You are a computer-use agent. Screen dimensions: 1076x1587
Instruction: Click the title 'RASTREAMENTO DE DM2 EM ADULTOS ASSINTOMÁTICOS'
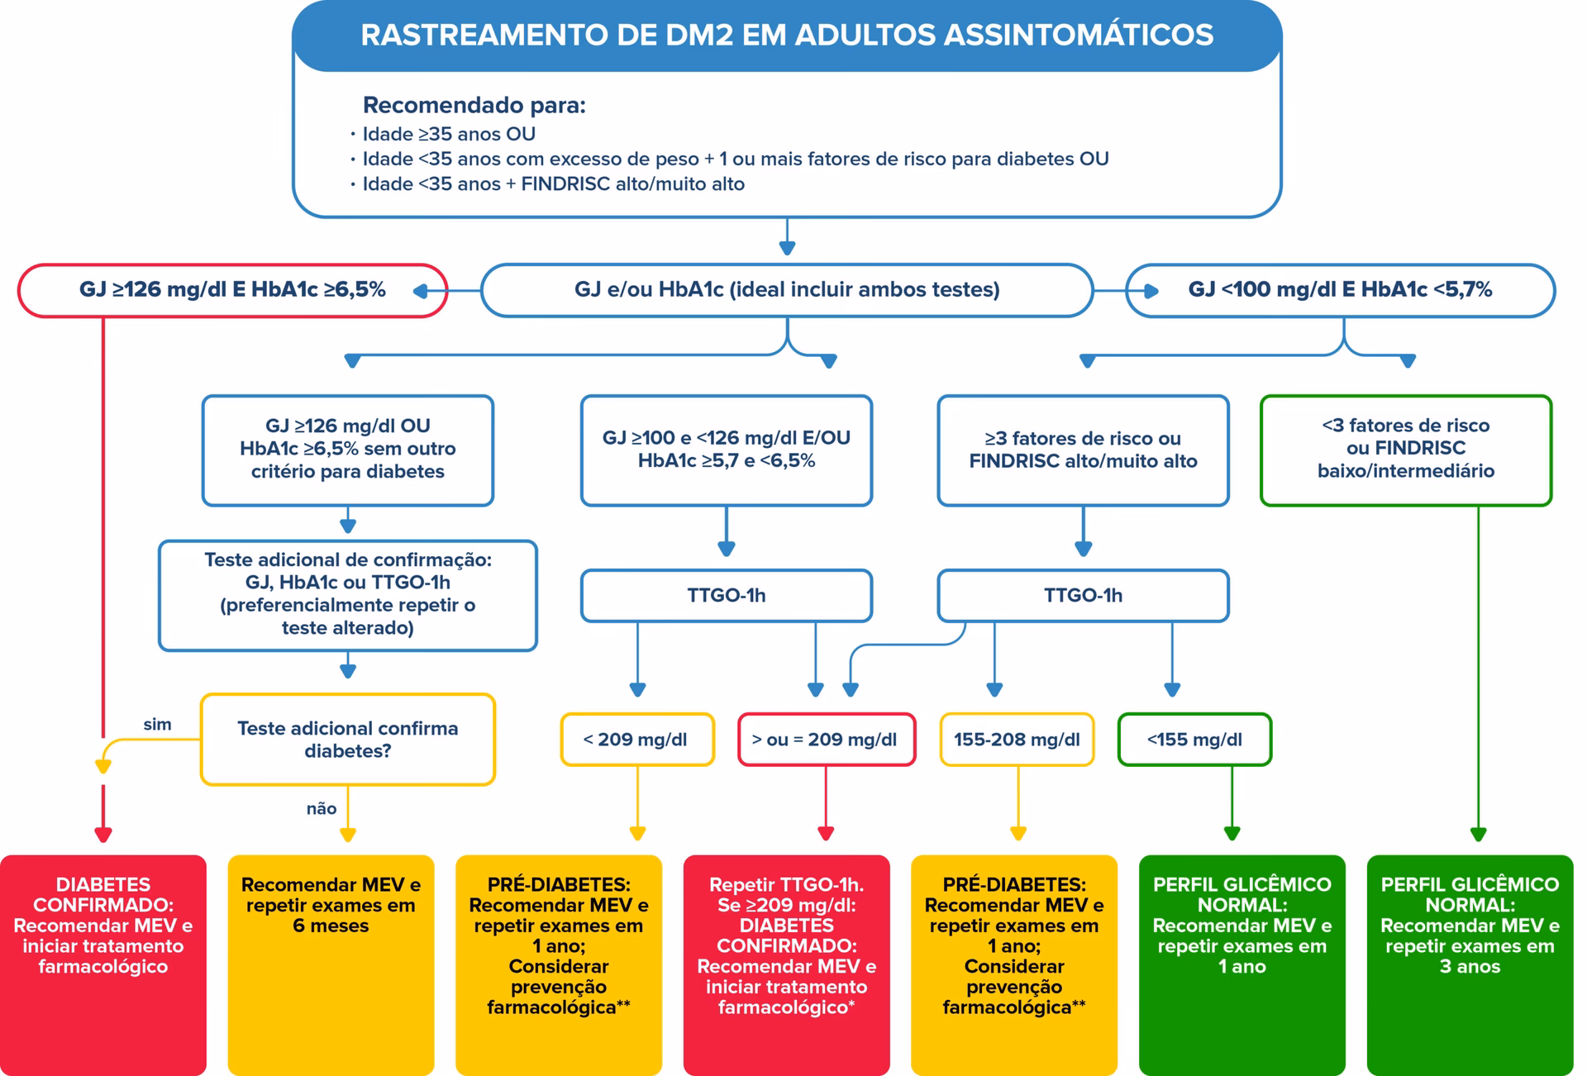click(787, 36)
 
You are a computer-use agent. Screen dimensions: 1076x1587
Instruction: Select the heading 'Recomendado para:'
click(474, 106)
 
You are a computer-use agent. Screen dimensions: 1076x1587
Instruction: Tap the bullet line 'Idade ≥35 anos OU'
click(449, 134)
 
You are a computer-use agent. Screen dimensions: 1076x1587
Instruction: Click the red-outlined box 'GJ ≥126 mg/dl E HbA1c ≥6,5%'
click(232, 290)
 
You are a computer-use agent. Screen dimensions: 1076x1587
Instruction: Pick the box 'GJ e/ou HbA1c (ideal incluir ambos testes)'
click(787, 290)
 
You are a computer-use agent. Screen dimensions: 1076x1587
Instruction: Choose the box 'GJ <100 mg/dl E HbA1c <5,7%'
click(1340, 290)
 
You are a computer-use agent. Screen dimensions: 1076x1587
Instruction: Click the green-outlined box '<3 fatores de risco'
click(1405, 450)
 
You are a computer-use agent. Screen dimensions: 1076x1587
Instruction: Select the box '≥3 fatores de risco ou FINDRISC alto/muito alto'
click(1083, 450)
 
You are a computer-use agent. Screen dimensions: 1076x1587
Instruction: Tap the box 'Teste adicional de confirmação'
click(348, 595)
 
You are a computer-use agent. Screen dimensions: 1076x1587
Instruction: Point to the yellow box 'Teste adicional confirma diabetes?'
click(348, 740)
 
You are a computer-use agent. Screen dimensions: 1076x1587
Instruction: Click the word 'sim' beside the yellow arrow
click(157, 725)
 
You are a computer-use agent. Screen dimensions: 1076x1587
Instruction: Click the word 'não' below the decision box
click(322, 809)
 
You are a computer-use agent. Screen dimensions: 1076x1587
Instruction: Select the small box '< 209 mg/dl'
click(636, 740)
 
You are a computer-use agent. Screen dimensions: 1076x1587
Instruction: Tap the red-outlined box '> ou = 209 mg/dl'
click(826, 740)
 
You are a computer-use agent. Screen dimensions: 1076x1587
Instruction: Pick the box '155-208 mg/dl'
click(1017, 740)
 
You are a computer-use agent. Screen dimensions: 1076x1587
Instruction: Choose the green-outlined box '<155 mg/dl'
click(1194, 740)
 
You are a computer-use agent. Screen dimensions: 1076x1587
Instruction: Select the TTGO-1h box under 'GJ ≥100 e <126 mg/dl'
click(726, 595)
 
